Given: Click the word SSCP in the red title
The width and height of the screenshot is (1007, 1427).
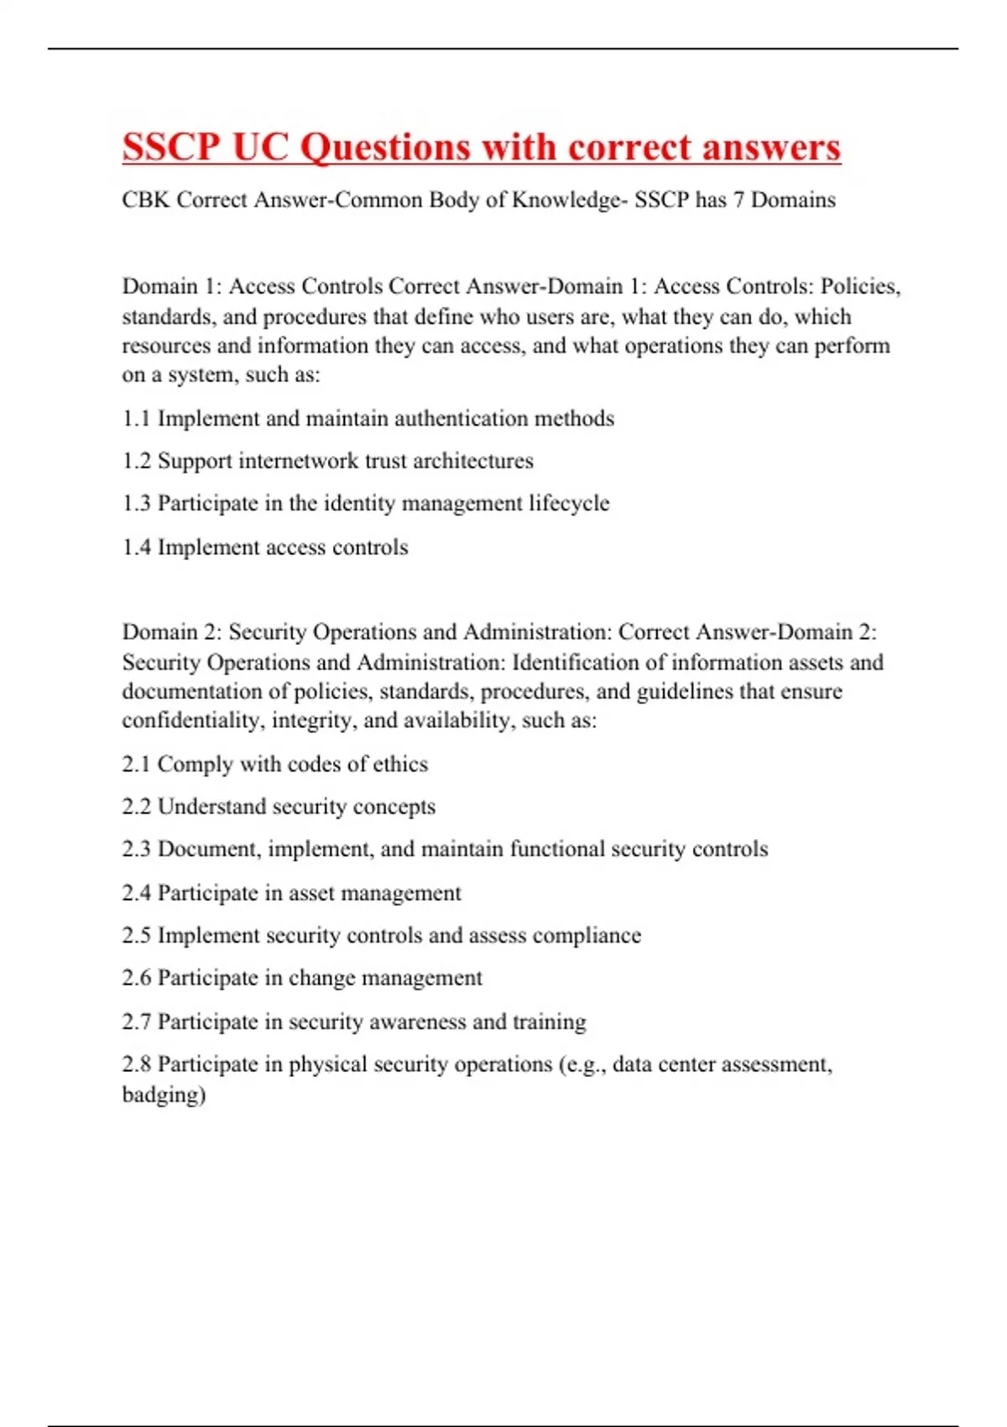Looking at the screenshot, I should click(x=170, y=148).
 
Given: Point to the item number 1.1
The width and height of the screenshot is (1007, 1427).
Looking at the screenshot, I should click(x=136, y=418).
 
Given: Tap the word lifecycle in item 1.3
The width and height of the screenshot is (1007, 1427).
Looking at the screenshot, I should click(x=569, y=504).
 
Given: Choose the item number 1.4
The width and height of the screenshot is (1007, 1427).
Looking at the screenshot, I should click(x=136, y=547).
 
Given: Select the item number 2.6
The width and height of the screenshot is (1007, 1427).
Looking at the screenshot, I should click(x=136, y=978).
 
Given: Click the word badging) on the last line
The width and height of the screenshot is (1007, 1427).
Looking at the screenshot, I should click(x=164, y=1095).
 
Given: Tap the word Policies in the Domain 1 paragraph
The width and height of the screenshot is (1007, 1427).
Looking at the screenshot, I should click(x=859, y=286).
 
